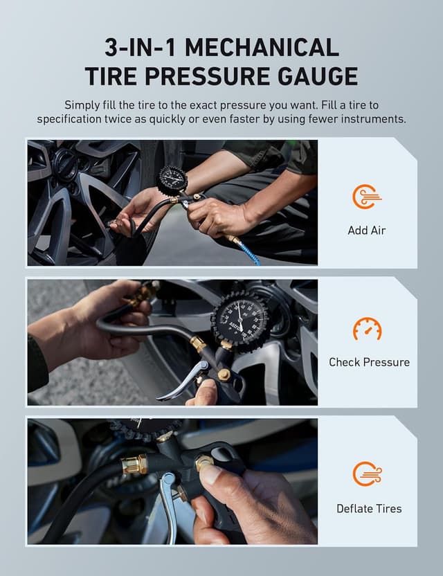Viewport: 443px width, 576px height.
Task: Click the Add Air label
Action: (x=366, y=230)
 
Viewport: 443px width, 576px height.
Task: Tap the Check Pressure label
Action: (x=369, y=362)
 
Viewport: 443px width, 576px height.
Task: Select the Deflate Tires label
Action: (x=369, y=508)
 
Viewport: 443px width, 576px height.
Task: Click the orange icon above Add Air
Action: (x=366, y=197)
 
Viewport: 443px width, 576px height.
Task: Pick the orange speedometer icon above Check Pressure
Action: (x=367, y=329)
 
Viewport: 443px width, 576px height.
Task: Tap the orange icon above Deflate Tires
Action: (x=366, y=474)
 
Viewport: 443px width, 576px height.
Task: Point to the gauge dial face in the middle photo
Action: (x=239, y=321)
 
